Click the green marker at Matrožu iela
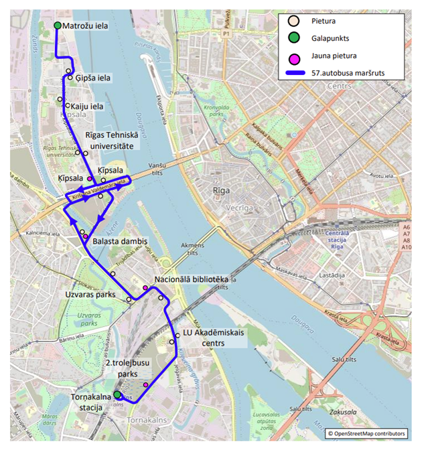coord(58,25)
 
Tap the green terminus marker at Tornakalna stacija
coord(117,395)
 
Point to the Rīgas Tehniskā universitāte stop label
coord(110,140)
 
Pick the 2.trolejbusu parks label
coord(131,368)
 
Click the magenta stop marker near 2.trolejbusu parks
coord(146,384)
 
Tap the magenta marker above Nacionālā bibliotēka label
coord(145,288)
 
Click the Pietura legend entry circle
coord(293,21)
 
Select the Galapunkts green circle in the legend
coord(293,38)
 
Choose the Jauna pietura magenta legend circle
coord(293,56)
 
